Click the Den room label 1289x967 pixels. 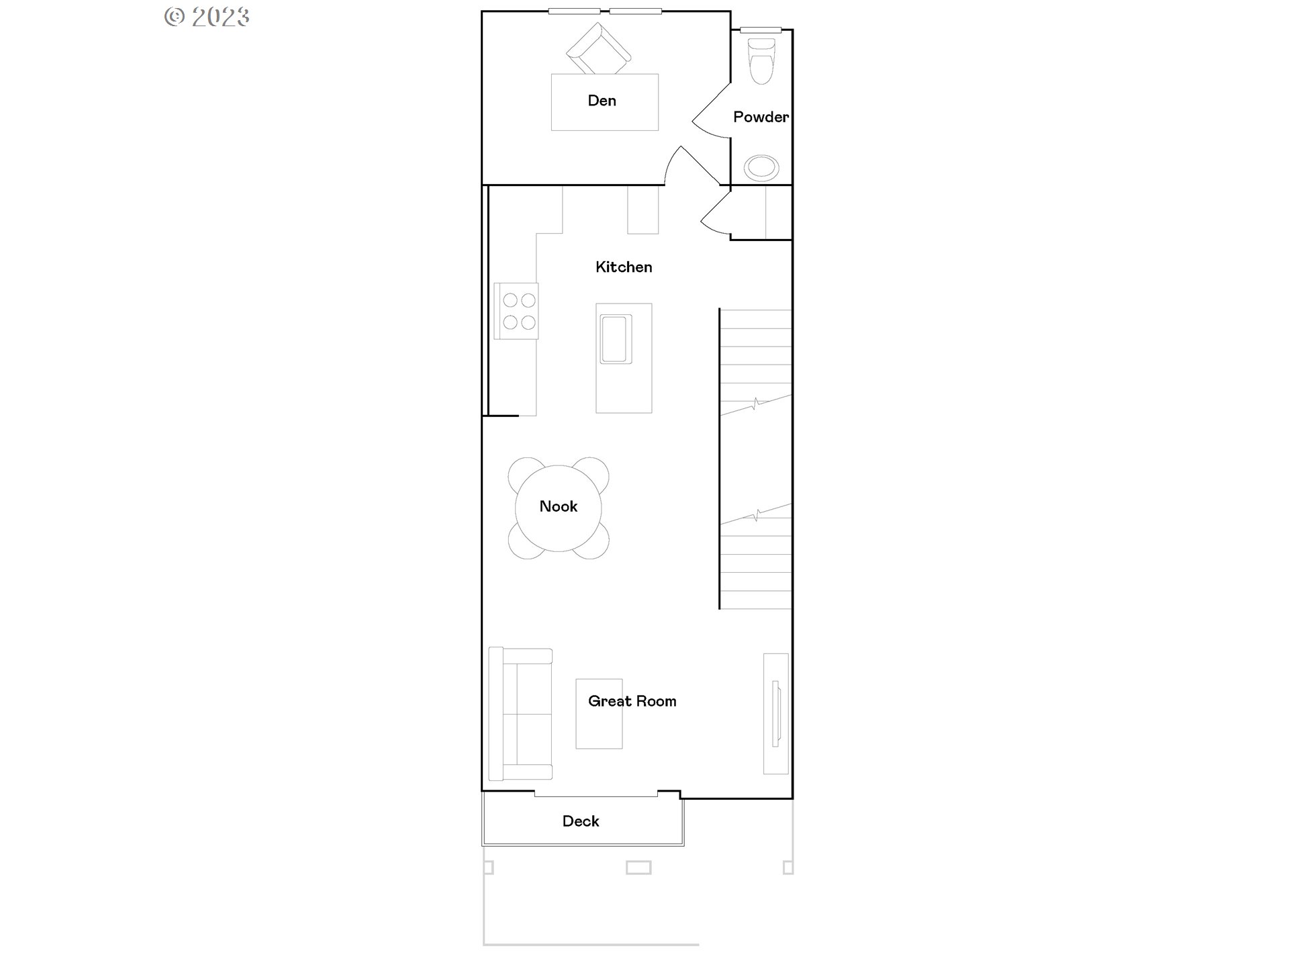tap(602, 101)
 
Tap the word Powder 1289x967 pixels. tap(760, 117)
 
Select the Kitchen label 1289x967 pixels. tap(623, 267)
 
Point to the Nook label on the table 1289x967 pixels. tap(558, 506)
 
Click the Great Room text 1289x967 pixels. tap(632, 701)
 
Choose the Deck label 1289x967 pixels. tap(581, 821)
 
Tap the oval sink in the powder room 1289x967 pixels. tap(761, 167)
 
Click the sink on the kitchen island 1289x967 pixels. tap(616, 338)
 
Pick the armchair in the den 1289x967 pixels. tap(598, 49)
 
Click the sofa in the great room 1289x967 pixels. tap(520, 714)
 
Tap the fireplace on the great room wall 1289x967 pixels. tap(776, 713)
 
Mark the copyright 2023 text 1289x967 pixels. tap(207, 16)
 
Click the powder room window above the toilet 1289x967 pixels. tap(761, 30)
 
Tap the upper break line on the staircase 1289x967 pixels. tap(756, 405)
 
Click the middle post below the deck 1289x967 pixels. tap(638, 868)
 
